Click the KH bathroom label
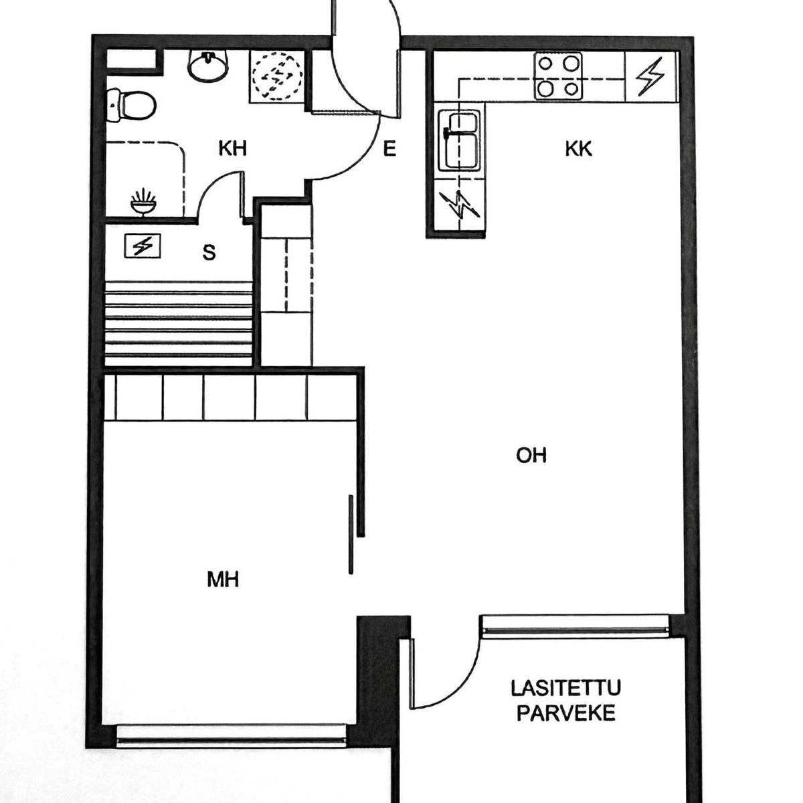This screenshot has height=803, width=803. tap(232, 149)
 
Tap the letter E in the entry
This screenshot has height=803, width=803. tap(389, 149)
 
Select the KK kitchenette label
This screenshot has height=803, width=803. tap(578, 149)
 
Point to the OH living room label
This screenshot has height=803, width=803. tap(531, 456)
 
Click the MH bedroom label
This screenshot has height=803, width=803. tap(224, 579)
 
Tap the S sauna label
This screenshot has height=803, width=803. tap(209, 252)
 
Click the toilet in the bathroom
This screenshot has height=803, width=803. tap(131, 104)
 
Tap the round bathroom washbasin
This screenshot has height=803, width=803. tap(208, 66)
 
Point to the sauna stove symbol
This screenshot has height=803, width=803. tap(143, 246)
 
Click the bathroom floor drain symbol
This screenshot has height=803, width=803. tap(143, 202)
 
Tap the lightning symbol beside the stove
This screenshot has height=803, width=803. tap(650, 76)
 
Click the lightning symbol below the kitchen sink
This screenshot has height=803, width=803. tap(460, 205)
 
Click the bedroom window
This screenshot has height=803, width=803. tap(231, 736)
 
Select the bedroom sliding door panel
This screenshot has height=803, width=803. tap(351, 535)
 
